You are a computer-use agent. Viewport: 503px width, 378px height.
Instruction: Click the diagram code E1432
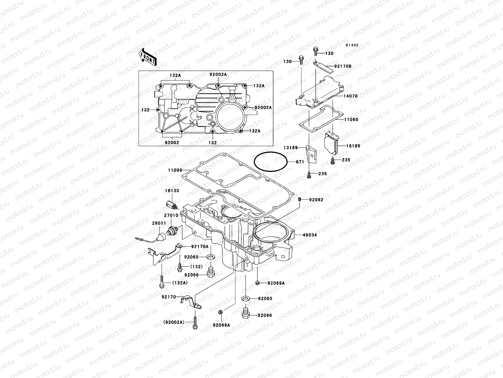tap(352, 45)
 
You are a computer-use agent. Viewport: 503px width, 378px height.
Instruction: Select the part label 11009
tap(175, 170)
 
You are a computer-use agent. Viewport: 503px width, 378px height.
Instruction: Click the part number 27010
tap(171, 215)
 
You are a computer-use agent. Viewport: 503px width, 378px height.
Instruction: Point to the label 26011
tap(159, 223)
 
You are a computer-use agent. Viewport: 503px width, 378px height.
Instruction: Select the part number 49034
tap(310, 235)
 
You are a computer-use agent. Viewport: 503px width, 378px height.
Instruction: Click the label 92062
tap(316, 200)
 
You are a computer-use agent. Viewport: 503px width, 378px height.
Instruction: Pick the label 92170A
tap(200, 247)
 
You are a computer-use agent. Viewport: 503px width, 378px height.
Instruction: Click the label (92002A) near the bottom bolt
tap(174, 322)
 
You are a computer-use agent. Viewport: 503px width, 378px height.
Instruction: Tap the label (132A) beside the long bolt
tap(180, 283)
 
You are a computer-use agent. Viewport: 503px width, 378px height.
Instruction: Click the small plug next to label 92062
tap(300, 199)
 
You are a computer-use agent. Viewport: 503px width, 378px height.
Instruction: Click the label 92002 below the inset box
tap(172, 143)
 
